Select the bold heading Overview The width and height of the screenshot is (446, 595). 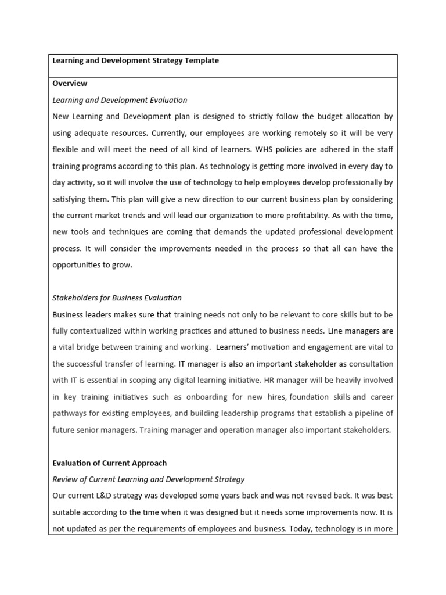point(70,84)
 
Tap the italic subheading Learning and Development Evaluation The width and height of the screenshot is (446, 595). point(120,100)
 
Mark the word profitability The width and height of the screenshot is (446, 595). point(312,215)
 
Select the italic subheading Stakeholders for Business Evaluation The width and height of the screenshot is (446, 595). point(117,297)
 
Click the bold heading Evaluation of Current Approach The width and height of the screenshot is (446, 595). point(109,463)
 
